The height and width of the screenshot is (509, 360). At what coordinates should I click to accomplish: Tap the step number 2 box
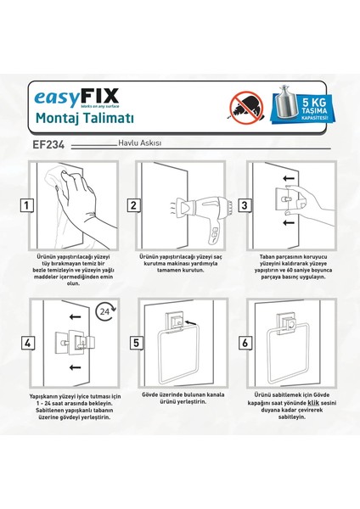click(133, 205)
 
